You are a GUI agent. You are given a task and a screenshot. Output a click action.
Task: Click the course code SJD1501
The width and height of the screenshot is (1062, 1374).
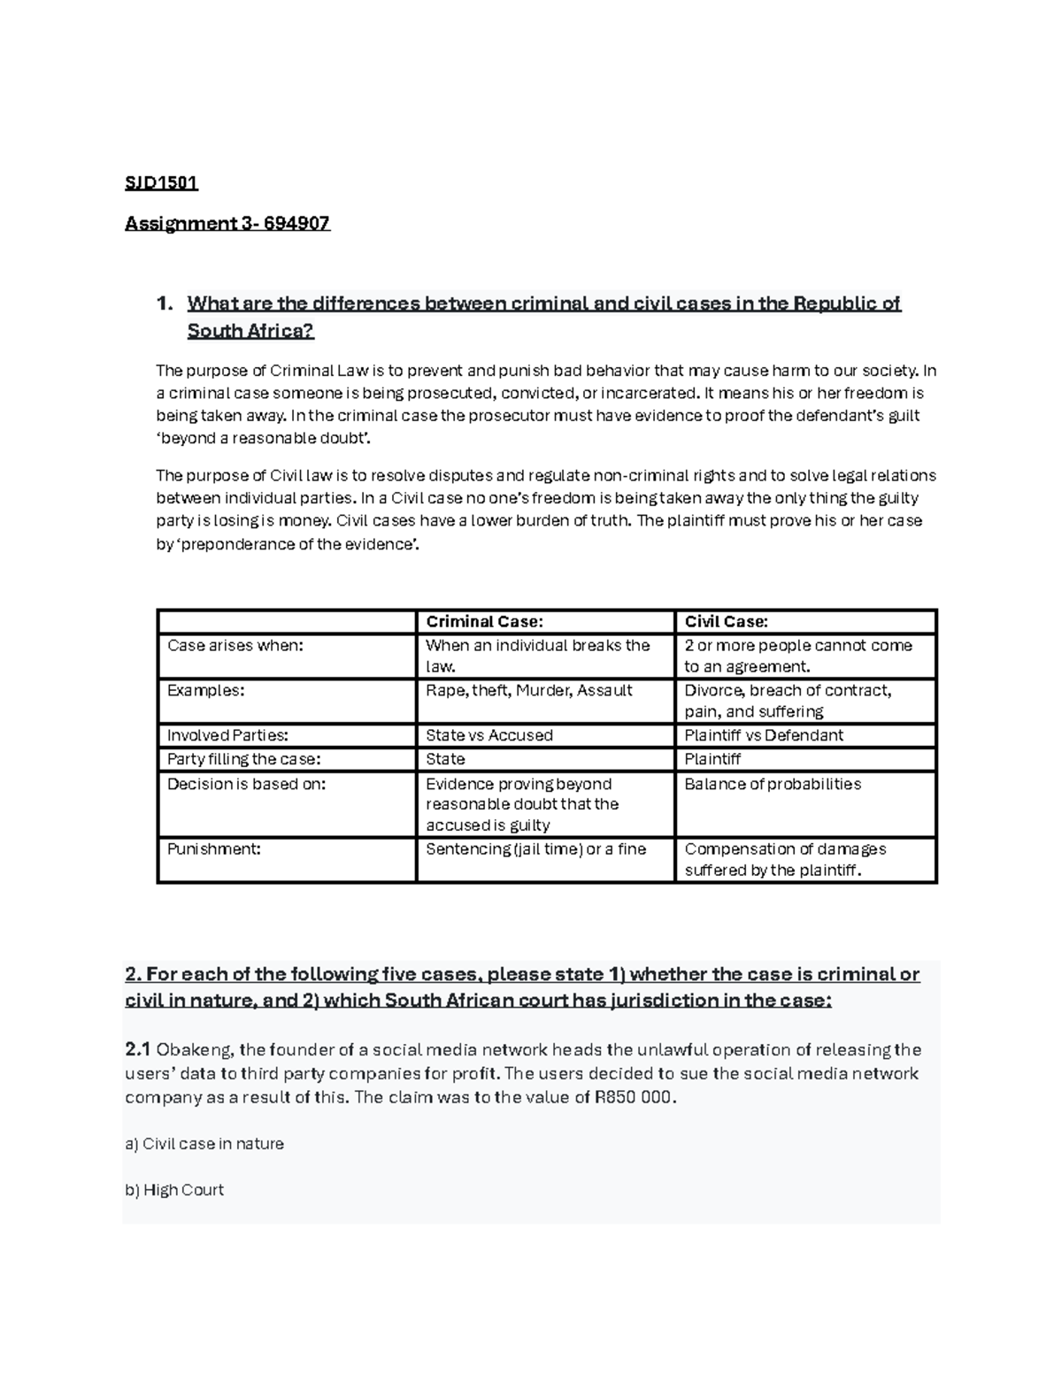(x=161, y=183)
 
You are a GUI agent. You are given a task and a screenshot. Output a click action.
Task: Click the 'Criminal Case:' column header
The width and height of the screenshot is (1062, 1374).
(x=484, y=622)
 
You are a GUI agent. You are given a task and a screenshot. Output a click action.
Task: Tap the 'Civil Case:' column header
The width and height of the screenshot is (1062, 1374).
(x=726, y=622)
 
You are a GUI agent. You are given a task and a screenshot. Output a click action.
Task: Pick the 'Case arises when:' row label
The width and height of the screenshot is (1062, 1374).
(x=235, y=645)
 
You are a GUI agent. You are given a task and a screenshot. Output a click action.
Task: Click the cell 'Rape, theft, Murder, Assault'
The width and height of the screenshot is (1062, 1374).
(x=528, y=690)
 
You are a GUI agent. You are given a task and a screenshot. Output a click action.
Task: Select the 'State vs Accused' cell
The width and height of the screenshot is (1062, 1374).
(x=489, y=735)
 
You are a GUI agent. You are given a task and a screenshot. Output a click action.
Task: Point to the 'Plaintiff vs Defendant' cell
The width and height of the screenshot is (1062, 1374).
(x=763, y=735)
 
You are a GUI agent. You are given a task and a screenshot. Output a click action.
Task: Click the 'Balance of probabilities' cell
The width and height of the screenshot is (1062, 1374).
(x=772, y=784)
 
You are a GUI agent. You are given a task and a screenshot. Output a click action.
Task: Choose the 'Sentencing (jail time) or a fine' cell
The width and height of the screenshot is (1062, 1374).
(x=535, y=848)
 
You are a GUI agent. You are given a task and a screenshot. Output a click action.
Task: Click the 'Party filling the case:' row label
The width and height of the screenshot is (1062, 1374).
(x=243, y=759)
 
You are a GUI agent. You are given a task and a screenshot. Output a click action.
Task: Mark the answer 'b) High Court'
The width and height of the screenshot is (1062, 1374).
(x=174, y=1190)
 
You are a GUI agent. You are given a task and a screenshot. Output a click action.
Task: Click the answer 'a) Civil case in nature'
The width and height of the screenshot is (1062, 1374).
(x=204, y=1144)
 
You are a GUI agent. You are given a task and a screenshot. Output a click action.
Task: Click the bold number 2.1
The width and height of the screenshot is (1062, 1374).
(x=138, y=1050)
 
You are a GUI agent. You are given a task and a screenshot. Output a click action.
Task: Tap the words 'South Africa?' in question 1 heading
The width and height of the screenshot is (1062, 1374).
(x=250, y=331)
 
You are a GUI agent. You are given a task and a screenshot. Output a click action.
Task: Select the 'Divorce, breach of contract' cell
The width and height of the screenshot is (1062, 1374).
(x=788, y=690)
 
